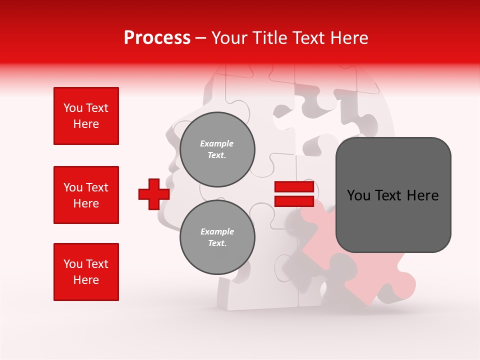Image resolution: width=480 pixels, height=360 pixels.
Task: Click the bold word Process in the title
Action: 157,38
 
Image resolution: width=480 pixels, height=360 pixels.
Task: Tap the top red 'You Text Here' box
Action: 86,116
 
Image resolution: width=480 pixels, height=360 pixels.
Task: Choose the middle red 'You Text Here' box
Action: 86,195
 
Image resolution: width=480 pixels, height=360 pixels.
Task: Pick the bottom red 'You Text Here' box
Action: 86,272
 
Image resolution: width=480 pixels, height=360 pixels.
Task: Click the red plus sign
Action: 154,194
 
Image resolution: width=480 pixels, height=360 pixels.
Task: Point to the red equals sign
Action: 294,194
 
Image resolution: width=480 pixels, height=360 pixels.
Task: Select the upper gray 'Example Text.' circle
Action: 217,149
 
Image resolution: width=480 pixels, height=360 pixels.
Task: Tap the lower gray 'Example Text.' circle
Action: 217,237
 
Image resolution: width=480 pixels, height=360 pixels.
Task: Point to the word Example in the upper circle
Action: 217,143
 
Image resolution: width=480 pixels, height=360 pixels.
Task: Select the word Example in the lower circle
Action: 217,231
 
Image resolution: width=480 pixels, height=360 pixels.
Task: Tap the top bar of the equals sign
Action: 294,187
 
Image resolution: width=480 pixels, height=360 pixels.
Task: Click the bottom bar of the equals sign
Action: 294,201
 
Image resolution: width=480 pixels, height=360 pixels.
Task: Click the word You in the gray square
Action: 358,195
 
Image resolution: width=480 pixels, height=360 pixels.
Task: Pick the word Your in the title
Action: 229,38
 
